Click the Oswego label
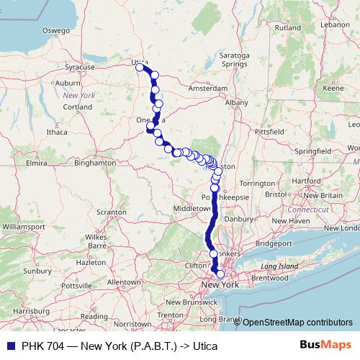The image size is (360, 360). tap(55, 31)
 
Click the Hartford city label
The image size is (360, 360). tap(307, 180)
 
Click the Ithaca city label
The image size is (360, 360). tap(56, 132)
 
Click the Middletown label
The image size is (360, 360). tap(189, 207)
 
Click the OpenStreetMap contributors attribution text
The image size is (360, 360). tap(297, 323)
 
